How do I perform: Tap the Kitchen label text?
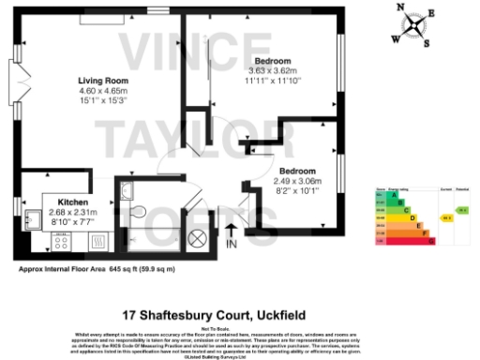click(73, 202)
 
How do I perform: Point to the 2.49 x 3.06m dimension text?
click(296, 181)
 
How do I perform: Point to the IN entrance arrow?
click(232, 235)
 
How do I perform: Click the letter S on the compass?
click(424, 44)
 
